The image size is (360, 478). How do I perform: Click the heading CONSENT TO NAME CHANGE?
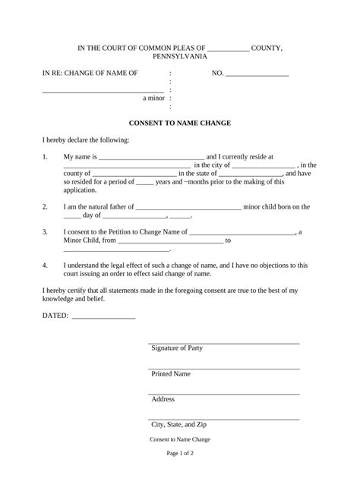180,123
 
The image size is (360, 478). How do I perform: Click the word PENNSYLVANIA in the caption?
180,57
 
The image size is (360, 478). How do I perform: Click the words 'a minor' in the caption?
154,98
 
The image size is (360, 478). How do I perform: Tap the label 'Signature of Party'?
177,348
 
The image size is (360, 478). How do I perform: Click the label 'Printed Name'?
171,374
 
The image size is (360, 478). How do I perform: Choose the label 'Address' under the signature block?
163,399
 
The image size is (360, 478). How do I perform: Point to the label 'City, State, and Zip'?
185,425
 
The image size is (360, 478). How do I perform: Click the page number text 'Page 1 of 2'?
180,453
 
